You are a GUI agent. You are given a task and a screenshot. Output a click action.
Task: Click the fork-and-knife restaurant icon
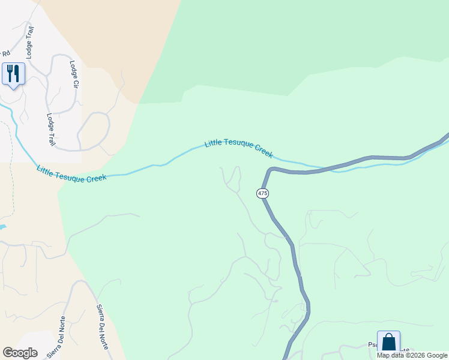13,74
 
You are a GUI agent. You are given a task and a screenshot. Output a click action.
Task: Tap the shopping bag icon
388,342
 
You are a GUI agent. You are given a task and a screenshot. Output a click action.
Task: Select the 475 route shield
262,193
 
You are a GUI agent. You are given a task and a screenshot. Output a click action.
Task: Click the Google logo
20,353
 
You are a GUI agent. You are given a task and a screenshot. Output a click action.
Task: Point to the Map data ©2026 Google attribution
412,355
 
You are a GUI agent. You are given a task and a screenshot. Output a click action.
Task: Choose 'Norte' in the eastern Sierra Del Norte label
104,340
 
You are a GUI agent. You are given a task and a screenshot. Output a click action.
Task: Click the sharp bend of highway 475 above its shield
268,170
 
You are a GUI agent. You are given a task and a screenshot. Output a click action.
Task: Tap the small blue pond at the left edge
2,227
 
